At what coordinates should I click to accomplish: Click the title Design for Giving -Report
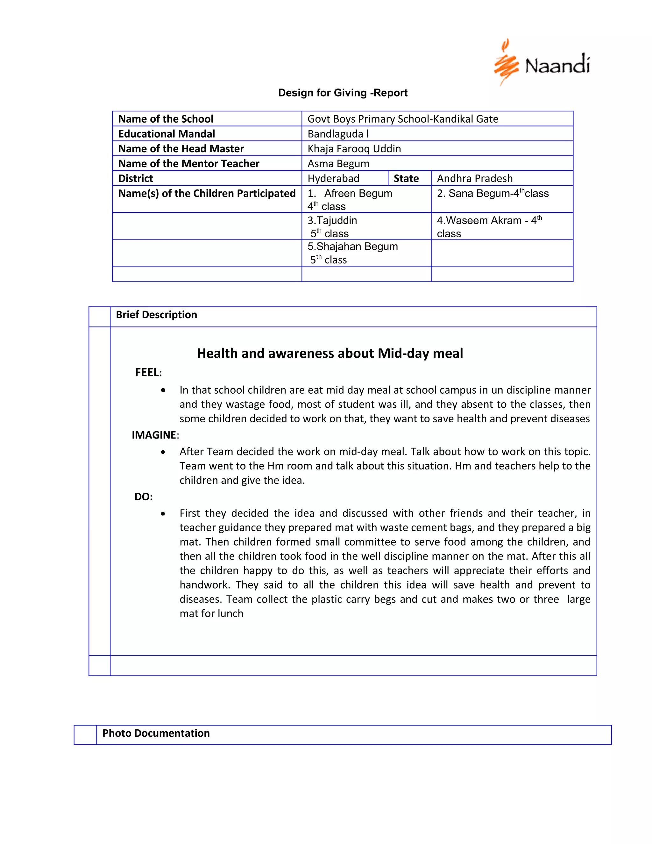coord(343,93)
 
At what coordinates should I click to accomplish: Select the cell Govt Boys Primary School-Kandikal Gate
coord(402,119)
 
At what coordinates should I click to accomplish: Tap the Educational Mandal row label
coord(167,134)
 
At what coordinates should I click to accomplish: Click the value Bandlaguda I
coord(338,134)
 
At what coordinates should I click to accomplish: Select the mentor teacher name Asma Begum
coord(338,163)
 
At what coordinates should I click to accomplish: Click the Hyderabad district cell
coord(333,179)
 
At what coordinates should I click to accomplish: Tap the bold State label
coord(406,179)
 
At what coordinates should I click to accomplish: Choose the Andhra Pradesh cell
coord(475,179)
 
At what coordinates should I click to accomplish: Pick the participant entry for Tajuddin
coord(332,221)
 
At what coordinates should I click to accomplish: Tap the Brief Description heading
coord(156,315)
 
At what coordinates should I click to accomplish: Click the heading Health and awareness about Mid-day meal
coord(330,353)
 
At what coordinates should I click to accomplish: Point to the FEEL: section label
coord(148,373)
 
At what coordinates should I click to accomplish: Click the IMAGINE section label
coord(154,435)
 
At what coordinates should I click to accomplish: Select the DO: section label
coord(144,497)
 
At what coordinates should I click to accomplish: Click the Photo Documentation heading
coord(156,733)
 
